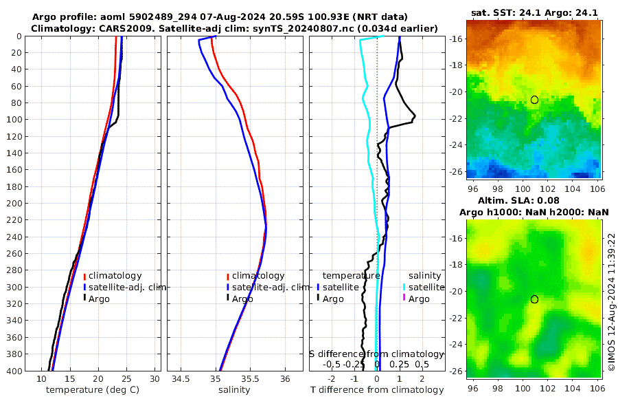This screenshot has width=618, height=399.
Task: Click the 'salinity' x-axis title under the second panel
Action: pos(233,390)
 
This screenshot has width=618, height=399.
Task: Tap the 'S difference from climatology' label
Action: pos(376,354)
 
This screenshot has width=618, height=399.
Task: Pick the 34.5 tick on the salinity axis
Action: pos(181,379)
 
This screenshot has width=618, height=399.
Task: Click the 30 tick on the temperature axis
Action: pos(154,379)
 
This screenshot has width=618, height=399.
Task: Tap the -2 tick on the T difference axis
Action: pos(332,379)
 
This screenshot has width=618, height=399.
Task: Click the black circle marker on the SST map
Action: pos(534,100)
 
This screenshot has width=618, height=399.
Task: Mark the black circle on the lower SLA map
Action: pos(534,299)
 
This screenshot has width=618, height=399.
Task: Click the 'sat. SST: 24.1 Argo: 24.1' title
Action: pos(535,12)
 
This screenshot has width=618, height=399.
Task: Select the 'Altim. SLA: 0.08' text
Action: pos(535,199)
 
